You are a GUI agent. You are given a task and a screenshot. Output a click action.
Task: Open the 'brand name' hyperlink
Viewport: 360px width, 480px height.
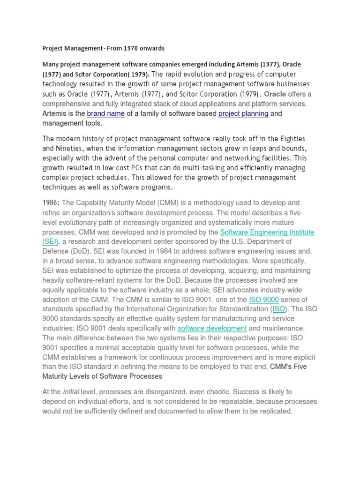coord(106,113)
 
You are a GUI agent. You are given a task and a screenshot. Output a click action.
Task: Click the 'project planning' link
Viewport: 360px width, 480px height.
coord(243,113)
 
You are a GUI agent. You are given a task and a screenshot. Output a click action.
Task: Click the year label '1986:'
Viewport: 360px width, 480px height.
coord(51,202)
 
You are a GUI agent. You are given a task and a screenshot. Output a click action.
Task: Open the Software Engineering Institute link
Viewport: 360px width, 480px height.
coord(267,232)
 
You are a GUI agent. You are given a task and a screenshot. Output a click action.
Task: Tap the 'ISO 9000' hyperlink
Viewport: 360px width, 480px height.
coord(264,300)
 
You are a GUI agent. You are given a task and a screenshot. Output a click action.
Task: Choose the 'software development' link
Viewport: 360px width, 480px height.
coord(212,329)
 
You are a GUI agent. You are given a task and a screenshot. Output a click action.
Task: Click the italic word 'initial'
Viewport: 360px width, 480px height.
coord(71,391)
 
